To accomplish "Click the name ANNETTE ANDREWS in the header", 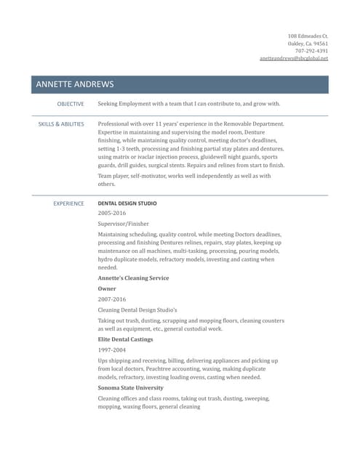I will point(76,85).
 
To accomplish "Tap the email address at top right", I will point(294,58).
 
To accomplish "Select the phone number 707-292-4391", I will point(311,51).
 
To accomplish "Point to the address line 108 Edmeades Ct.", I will point(308,36).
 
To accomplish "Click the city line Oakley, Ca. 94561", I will point(308,43).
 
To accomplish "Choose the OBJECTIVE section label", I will point(71,104).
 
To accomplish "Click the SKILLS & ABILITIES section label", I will point(61,124).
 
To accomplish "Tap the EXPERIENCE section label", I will point(69,203).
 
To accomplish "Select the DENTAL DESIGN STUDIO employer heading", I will point(127,203).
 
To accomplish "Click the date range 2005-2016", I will point(112,214).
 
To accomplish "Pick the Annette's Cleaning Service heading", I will point(133,278).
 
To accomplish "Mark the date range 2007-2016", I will point(112,299).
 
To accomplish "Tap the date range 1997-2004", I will point(111,349).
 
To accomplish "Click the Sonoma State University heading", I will point(131,388).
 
